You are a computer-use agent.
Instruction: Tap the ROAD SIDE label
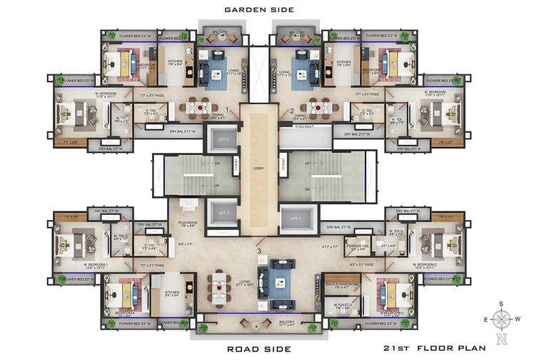tap(258, 349)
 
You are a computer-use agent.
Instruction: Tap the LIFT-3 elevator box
tap(221, 139)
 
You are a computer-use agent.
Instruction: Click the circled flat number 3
tap(258, 251)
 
